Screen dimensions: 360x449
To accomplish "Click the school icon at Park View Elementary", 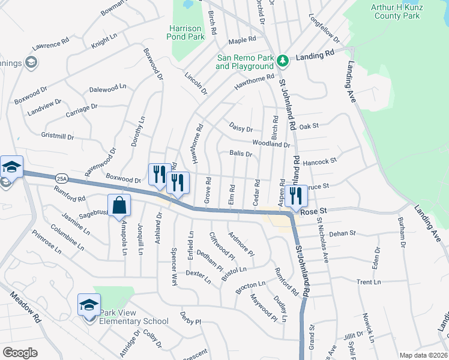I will (x=88, y=306).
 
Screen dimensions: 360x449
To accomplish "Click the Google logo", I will (x=20, y=353).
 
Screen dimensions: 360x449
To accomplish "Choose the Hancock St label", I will (x=320, y=161).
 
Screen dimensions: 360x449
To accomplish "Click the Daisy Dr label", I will (x=241, y=127).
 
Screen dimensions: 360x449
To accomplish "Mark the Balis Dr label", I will (x=240, y=154).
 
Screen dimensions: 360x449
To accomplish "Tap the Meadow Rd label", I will (x=25, y=307).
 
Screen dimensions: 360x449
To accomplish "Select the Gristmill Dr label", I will (x=57, y=137).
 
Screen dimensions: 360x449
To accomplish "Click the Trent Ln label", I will (x=369, y=281).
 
